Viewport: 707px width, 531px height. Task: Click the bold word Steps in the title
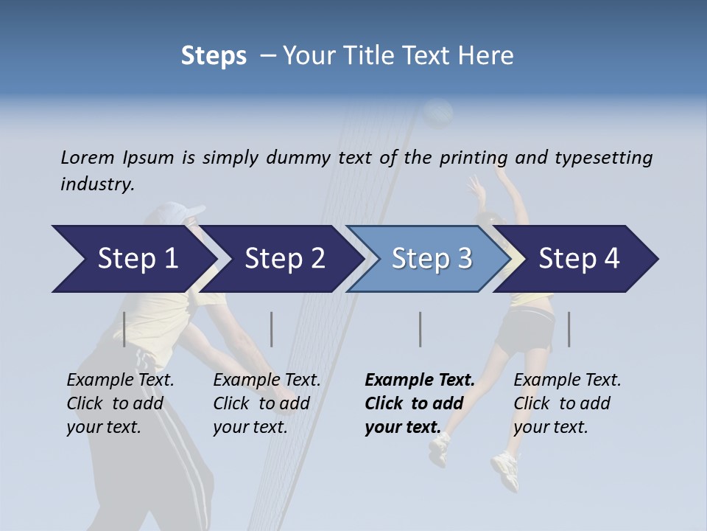[214, 55]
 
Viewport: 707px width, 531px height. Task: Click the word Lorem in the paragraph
[87, 157]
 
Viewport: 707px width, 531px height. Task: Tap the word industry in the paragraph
[96, 184]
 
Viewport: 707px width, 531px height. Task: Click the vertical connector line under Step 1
[124, 329]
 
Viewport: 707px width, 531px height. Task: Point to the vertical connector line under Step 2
[271, 329]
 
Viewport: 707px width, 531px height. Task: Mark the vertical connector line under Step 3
[420, 329]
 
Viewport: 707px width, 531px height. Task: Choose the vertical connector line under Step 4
[569, 329]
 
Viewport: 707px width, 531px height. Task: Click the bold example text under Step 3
[419, 403]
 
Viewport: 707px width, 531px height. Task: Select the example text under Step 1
[120, 403]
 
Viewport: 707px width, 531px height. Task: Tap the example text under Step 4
[567, 403]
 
